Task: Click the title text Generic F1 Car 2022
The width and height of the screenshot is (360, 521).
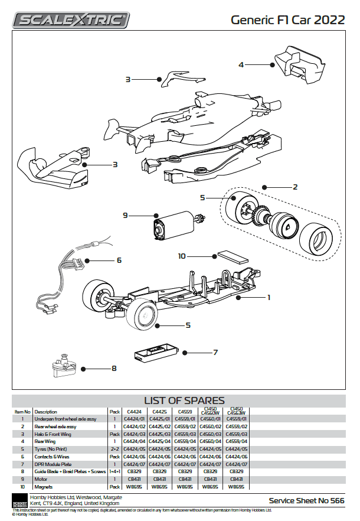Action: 287,19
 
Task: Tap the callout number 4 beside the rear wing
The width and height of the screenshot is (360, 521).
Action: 241,64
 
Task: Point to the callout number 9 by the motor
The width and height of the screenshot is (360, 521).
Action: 126,216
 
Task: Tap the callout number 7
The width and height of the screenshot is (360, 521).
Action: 215,353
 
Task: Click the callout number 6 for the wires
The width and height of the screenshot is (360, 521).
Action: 119,260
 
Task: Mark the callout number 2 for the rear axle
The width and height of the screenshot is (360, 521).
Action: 295,187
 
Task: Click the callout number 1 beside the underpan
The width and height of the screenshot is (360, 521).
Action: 269,297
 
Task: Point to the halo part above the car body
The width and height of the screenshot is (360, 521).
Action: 183,76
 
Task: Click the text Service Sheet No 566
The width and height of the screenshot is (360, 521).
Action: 306,500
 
